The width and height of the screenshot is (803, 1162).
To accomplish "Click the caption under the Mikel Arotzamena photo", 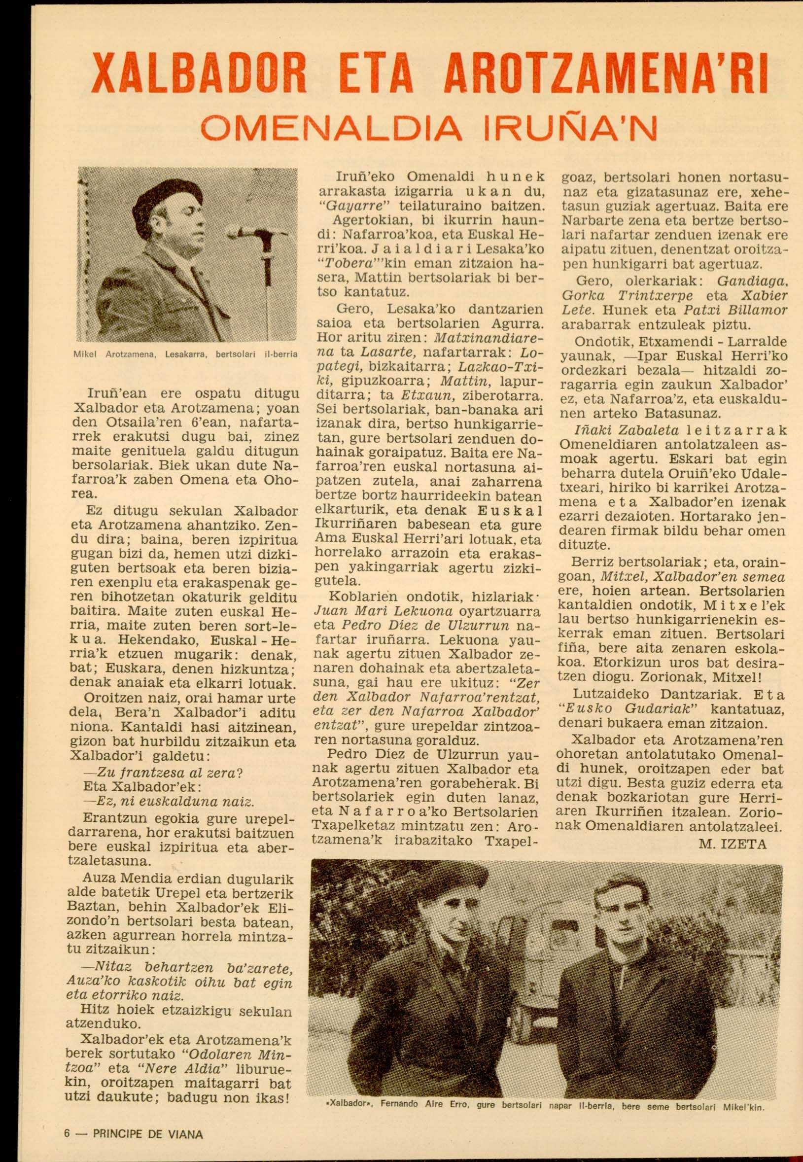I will (x=186, y=354).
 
